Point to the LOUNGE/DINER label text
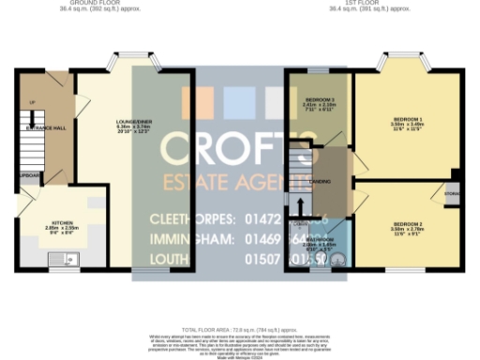[105, 123]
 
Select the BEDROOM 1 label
[408, 119]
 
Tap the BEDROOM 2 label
[407, 224]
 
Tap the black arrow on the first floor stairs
[301, 205]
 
